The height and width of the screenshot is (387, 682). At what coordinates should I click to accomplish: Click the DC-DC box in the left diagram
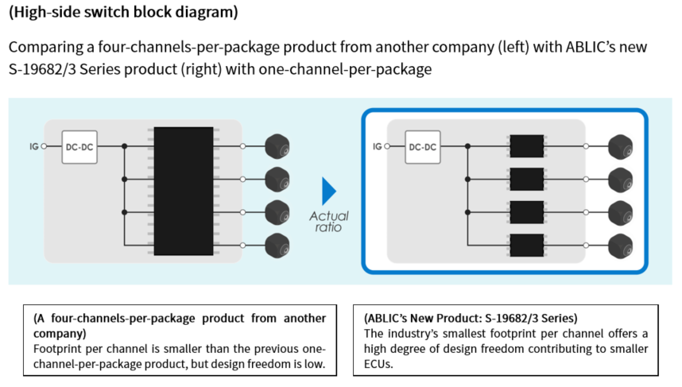(79, 147)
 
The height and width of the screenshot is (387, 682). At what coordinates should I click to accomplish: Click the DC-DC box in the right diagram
(423, 147)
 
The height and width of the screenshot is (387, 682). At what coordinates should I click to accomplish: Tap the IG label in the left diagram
(33, 147)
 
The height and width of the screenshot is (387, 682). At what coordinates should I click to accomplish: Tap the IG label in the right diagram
(377, 147)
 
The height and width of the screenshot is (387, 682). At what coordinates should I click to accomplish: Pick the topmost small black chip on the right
(525, 147)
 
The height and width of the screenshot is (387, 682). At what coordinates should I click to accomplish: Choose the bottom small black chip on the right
(525, 244)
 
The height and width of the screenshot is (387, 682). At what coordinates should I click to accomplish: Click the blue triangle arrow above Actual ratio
(328, 191)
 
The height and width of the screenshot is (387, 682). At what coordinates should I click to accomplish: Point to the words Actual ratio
(329, 221)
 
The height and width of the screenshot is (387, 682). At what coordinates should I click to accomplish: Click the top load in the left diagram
(277, 147)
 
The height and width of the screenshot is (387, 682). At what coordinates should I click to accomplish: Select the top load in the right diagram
(620, 147)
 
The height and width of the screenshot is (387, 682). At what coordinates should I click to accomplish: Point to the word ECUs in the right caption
(380, 365)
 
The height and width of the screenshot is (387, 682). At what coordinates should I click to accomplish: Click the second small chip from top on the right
(525, 180)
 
